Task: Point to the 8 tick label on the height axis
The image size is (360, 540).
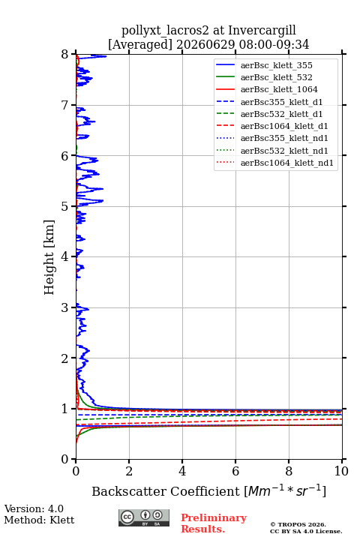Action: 65,55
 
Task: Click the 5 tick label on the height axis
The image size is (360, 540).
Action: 65,207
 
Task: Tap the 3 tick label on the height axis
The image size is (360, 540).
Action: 65,307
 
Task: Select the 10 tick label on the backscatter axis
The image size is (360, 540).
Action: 341,471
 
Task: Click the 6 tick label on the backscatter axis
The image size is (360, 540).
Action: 235,471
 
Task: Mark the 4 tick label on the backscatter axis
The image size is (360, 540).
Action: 182,471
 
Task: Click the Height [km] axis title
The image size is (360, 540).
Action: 49,257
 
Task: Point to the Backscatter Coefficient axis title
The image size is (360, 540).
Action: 208,490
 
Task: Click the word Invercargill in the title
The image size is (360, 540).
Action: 262,31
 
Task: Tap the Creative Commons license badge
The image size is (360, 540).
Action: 144,518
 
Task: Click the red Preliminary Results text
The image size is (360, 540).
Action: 214,523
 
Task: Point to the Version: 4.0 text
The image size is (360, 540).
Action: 34,509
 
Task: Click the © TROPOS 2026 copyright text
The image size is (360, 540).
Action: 298,525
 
